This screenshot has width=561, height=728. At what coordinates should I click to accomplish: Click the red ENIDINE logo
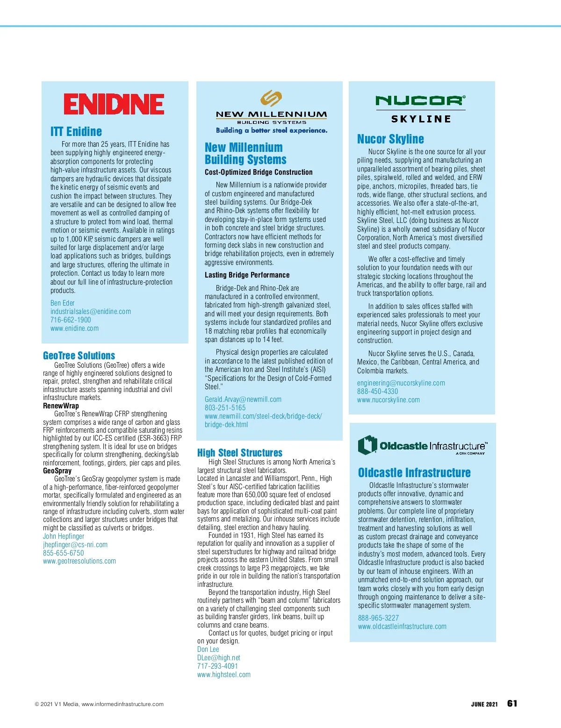coord(114,104)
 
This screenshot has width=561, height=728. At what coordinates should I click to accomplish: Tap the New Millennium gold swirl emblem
coord(271,99)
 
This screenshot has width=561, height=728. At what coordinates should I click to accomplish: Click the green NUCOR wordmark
coord(420,100)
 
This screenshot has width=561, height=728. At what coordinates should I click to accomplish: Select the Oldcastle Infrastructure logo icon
coord(367,445)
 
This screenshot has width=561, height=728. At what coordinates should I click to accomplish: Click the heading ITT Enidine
coord(76,132)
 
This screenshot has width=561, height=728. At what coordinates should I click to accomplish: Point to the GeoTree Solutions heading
coord(79,356)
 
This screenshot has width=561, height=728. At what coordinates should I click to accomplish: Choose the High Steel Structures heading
coord(240,453)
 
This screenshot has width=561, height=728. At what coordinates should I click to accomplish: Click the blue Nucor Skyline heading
coord(390,139)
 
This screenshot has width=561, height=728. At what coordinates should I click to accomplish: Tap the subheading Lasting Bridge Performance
coord(247,275)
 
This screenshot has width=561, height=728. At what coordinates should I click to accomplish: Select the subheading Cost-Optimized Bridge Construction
coord(259,172)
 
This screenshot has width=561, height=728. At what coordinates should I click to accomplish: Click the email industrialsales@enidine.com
coord(91,312)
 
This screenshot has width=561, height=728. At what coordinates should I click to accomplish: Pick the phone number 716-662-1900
coord(71,320)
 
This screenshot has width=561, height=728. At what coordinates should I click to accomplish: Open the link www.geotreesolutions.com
coord(79,561)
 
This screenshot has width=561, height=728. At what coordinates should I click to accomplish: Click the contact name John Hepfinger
coord(64,536)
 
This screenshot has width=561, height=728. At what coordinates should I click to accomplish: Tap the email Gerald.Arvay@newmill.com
coord(243,400)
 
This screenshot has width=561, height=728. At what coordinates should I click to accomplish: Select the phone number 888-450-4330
coord(378,392)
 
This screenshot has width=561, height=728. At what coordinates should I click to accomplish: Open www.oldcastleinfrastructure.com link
coord(402,627)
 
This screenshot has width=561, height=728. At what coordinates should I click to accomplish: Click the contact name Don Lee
coord(208,649)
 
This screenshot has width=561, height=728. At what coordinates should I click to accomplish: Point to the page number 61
coord(512,704)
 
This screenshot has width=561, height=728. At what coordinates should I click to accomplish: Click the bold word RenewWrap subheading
coord(61,406)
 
